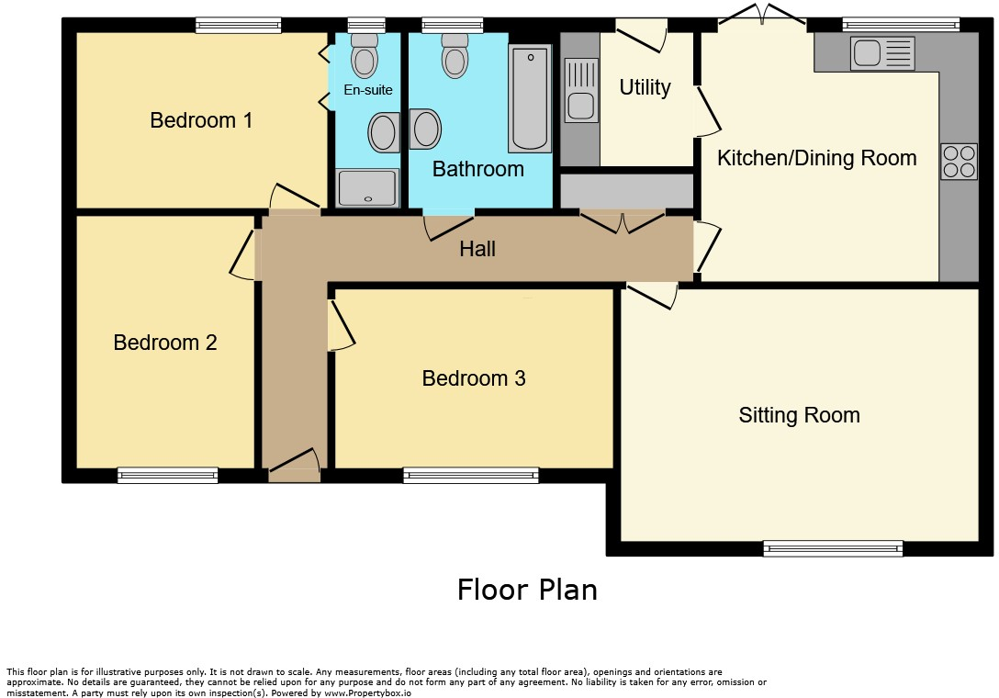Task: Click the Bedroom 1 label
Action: tap(201, 120)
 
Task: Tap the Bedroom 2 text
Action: tap(165, 343)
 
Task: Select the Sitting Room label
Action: tap(799, 415)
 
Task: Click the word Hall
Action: tap(477, 249)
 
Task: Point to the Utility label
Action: tap(645, 87)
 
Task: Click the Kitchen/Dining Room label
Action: tap(816, 158)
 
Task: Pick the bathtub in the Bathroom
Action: tap(530, 99)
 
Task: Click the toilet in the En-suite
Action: tap(365, 56)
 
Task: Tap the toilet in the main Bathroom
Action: tap(455, 56)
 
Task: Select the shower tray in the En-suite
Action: tap(367, 188)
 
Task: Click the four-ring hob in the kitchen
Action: tap(959, 162)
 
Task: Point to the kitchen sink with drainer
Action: tap(882, 53)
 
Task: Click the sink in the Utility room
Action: tap(579, 90)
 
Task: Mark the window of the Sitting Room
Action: tap(833, 548)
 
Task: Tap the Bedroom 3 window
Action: tap(470, 475)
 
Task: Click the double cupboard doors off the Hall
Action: tap(623, 220)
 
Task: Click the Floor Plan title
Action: tap(527, 590)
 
